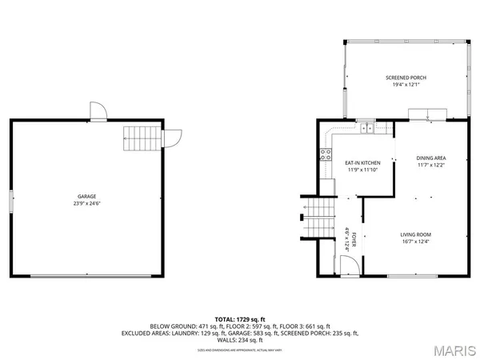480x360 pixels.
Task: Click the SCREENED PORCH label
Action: pos(403,78)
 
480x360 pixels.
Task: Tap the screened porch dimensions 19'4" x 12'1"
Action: pos(403,86)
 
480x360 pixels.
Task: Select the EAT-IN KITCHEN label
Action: pos(340,162)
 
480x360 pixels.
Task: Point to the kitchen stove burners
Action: pos(326,154)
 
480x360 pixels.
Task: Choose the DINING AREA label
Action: pos(430,158)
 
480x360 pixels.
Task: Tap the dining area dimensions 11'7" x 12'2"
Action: pos(430,166)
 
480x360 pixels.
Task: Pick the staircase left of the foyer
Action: pos(318,217)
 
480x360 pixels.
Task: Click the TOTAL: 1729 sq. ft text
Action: pos(240,319)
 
